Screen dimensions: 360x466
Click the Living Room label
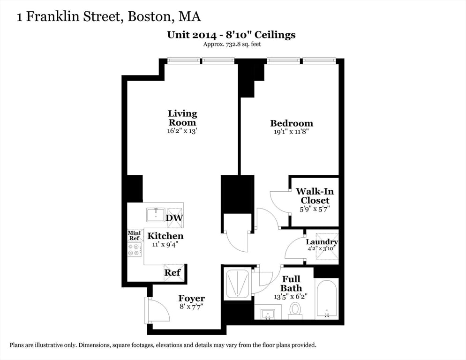click(182, 118)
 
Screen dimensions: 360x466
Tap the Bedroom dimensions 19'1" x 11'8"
click(291, 132)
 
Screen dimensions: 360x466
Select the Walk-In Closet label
click(315, 196)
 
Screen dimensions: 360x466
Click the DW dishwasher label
click(175, 218)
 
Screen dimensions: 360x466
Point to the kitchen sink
click(155, 215)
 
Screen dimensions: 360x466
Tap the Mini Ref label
click(134, 235)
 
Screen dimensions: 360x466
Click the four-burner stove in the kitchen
click(135, 250)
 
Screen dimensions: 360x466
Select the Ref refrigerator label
click(173, 272)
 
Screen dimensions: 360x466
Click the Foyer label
click(191, 298)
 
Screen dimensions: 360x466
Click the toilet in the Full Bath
click(295, 309)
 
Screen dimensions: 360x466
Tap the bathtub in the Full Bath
click(326, 299)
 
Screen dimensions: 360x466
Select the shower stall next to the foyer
click(237, 283)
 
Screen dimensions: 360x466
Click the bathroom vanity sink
click(268, 313)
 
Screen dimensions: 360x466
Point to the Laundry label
click(322, 242)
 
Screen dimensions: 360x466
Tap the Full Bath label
click(291, 284)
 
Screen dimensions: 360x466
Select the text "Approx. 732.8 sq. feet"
click(232, 45)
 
